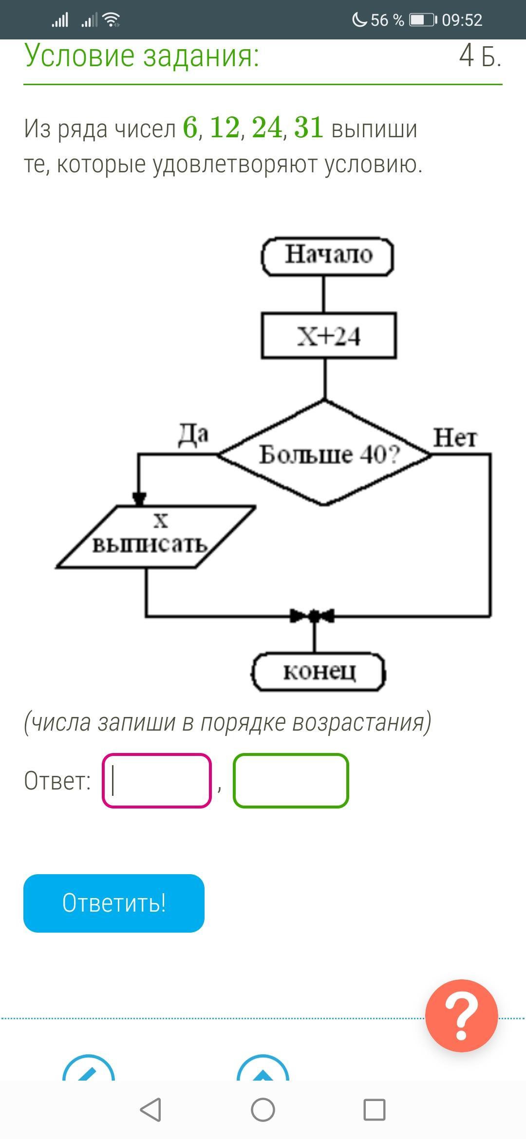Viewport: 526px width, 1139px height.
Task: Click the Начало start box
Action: tap(327, 257)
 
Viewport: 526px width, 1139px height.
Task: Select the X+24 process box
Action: tap(329, 336)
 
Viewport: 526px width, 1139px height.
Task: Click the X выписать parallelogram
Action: tap(155, 537)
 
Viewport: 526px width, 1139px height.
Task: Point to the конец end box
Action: tap(319, 672)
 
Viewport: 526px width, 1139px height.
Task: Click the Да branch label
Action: tap(193, 435)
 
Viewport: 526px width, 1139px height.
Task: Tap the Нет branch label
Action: tap(455, 438)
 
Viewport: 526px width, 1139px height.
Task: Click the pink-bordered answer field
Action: tap(157, 781)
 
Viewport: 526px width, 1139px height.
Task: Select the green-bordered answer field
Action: tap(291, 781)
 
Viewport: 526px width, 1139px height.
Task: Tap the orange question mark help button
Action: tap(461, 1016)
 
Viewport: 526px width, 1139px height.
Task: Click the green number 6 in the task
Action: tap(190, 128)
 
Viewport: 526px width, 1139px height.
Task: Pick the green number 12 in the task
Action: tap(225, 128)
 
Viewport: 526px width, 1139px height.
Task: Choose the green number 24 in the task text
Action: tap(267, 128)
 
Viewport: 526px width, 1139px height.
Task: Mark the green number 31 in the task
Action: tap(309, 128)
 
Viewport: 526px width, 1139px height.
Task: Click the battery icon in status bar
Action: tap(422, 20)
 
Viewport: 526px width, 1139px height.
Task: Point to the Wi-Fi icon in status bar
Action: tap(112, 20)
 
